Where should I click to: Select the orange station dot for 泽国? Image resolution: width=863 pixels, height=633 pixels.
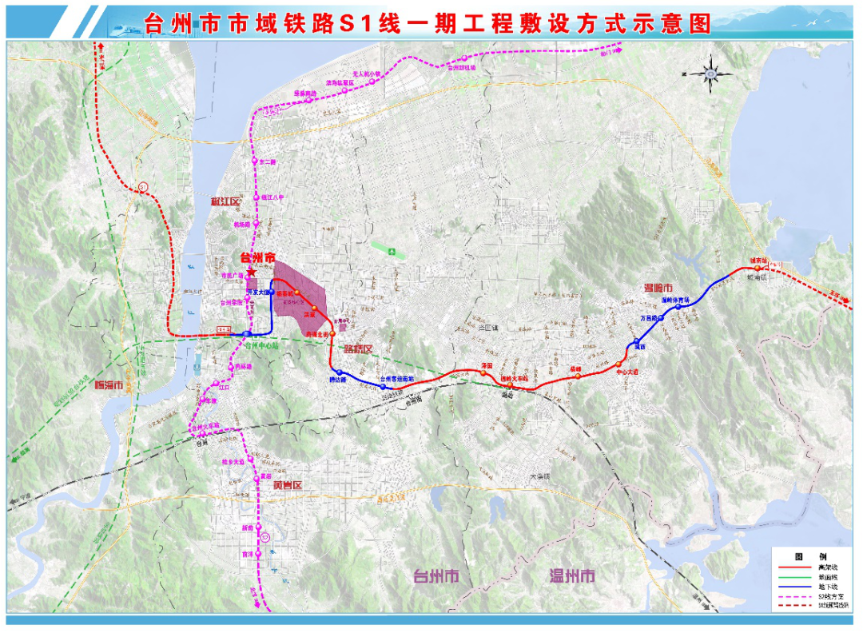click(x=483, y=373)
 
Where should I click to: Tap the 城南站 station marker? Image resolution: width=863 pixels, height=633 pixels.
click(x=758, y=269)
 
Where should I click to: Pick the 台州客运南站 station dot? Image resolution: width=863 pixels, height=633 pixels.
click(x=384, y=387)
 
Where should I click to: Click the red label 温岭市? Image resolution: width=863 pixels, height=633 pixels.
click(x=658, y=288)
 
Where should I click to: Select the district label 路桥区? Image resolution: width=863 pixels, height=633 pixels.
click(x=358, y=348)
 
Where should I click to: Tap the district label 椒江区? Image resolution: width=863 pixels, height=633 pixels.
click(x=225, y=201)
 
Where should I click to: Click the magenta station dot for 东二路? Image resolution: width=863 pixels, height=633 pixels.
click(x=257, y=161)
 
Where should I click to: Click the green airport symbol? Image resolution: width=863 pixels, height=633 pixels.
click(x=392, y=252)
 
